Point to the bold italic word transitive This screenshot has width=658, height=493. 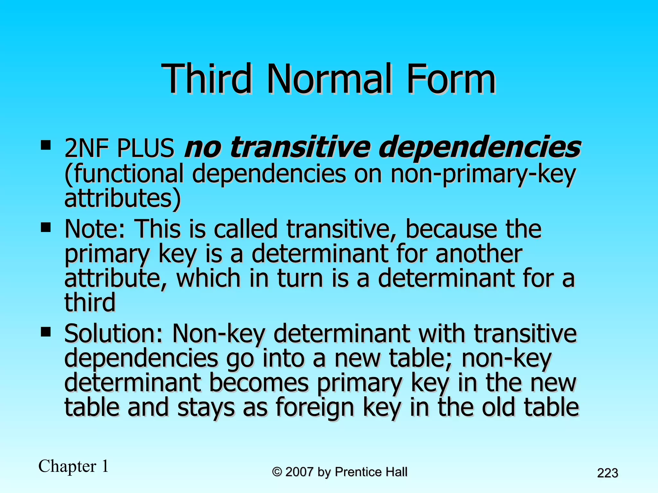click(x=300, y=147)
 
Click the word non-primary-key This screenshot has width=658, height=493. click(x=483, y=174)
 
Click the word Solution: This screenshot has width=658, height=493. click(x=114, y=334)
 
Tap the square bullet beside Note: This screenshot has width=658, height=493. click(x=46, y=227)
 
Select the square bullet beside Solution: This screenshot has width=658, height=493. click(x=46, y=332)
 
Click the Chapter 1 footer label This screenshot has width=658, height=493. click(x=74, y=466)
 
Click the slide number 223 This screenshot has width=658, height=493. click(x=608, y=473)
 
